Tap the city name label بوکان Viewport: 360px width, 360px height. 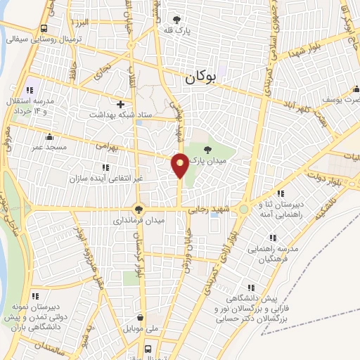coord(203,79)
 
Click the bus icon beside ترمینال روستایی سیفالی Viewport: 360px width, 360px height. coord(44,29)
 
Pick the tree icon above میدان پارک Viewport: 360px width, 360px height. coord(207,148)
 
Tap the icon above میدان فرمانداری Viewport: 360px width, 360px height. coord(139,209)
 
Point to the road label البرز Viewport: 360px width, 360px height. coord(83,24)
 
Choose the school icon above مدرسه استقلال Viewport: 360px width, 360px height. coord(30,90)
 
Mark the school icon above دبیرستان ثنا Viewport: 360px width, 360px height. coord(281,193)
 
